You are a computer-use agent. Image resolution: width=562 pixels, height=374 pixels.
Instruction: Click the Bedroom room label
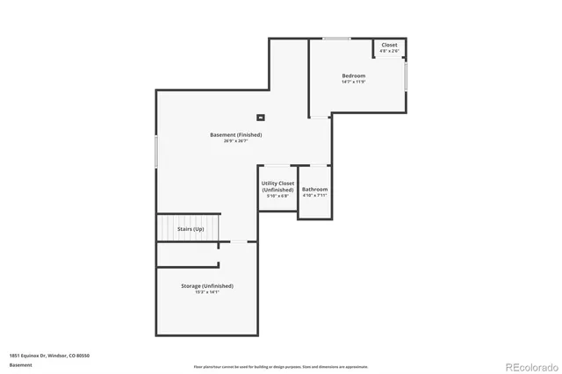(x=353, y=76)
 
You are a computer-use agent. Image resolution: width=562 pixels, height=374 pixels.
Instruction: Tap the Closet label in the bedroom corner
(x=389, y=45)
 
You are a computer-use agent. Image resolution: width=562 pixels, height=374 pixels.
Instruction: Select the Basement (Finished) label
(x=235, y=134)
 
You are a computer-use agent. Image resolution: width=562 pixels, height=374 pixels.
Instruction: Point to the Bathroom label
(x=314, y=190)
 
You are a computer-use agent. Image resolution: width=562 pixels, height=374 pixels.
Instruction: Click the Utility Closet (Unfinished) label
(x=277, y=186)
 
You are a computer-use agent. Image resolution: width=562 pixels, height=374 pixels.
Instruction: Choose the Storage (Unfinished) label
(x=207, y=285)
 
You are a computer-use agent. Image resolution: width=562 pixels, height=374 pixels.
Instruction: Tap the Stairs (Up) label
(x=191, y=228)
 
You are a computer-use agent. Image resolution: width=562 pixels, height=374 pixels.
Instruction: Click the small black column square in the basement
(x=260, y=117)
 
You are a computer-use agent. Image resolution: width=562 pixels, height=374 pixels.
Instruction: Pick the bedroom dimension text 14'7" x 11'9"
(x=353, y=83)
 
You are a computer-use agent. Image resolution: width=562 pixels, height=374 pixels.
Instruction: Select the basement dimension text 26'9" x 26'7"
(x=235, y=141)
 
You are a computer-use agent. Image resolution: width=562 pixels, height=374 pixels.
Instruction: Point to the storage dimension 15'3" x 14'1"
(x=207, y=292)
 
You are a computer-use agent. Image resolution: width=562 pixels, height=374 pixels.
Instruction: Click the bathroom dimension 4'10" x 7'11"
(x=314, y=196)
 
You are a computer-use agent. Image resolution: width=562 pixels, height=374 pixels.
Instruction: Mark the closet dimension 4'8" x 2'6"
(x=389, y=51)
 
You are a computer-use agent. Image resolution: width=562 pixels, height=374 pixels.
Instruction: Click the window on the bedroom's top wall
(x=336, y=38)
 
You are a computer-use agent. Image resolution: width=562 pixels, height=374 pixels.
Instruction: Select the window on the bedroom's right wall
(x=407, y=76)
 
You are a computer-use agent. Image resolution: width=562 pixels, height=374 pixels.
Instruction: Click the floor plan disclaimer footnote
(x=281, y=366)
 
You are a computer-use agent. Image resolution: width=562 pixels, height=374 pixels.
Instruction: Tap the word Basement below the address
(x=20, y=364)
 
